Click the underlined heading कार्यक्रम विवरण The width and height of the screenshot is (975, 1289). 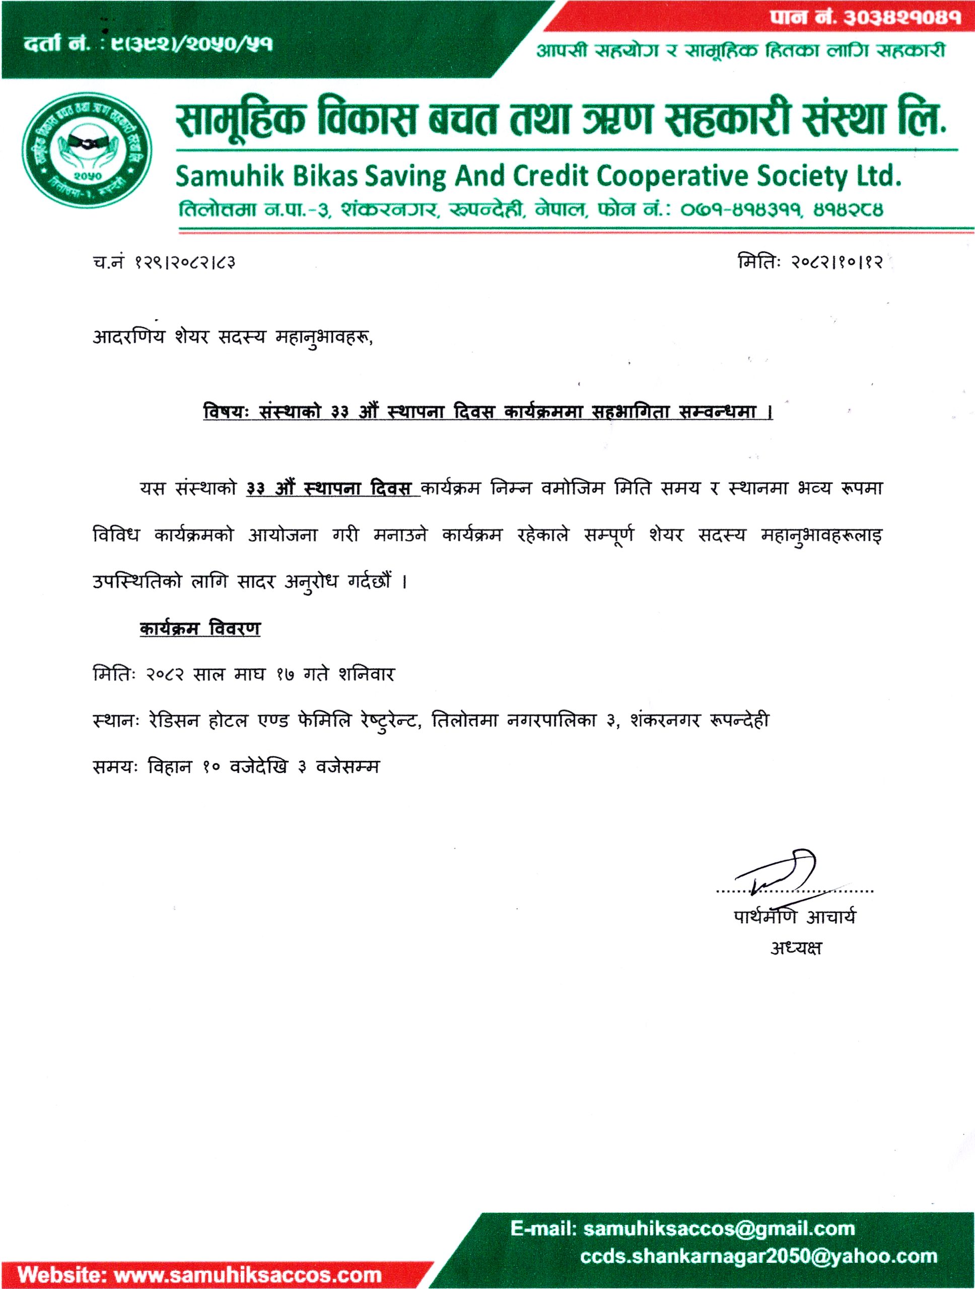200,629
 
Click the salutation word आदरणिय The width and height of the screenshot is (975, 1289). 129,337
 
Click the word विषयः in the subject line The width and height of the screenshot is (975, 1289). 226,412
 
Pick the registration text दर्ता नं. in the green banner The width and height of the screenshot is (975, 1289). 57,44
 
